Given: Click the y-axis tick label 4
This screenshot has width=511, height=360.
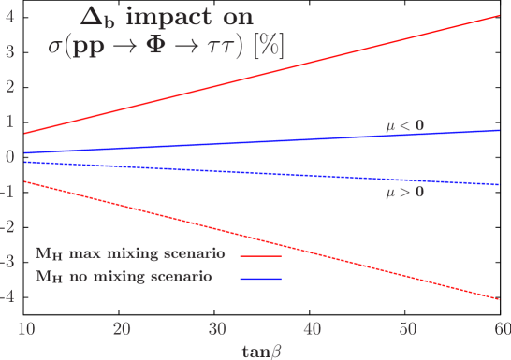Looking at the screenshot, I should click(9, 16).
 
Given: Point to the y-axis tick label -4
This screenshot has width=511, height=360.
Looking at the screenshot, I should click(7, 296).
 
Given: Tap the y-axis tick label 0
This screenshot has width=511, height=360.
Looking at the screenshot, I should click(9, 156).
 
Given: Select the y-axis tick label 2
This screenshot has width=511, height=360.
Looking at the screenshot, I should click(9, 86).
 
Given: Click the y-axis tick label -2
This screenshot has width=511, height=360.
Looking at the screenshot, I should click(7, 226).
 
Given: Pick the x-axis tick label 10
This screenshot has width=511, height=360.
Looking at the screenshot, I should click(26, 329).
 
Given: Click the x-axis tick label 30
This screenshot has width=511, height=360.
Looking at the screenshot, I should click(216, 329).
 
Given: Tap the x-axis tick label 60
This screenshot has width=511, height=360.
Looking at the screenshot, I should click(502, 329).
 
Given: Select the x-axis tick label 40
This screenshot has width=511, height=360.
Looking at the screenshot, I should click(312, 329).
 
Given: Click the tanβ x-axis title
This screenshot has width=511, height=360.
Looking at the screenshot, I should click(263, 350).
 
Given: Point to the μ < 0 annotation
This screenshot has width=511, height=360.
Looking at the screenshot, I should click(405, 125).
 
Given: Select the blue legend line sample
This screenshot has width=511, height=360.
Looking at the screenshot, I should click(261, 279).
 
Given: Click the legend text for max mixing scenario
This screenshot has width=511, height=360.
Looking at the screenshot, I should click(130, 254).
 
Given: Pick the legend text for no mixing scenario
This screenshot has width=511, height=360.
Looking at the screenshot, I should click(124, 277).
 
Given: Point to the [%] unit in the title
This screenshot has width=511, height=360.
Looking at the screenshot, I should click(268, 45).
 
